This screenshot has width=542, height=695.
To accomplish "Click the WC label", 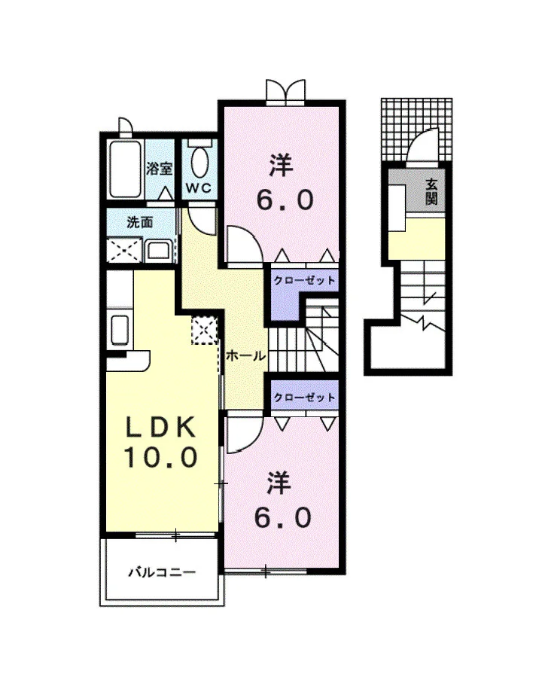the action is coord(198,187).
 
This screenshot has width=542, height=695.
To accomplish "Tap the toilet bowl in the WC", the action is coord(199,162).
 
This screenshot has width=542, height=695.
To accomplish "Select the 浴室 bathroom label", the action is coord(159,169).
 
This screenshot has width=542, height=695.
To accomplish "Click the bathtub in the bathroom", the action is coord(126,169).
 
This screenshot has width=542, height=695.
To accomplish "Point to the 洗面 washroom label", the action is coord(139,221).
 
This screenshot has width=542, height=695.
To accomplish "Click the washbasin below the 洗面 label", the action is coord(158,251).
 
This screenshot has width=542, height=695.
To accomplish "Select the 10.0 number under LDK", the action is coord(160,457).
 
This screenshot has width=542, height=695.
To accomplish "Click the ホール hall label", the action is coord(246,355).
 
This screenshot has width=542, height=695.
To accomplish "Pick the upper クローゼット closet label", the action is coord(304,281).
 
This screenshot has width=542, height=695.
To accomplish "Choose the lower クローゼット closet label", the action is coord(304,397).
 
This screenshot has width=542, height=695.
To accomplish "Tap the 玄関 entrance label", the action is coord(431,191).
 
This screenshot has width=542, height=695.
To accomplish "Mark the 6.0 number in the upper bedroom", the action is coord(286,200).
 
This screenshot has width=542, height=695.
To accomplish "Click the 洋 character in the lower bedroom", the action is coord(279,483).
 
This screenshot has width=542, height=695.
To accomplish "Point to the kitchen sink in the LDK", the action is coord(119,329).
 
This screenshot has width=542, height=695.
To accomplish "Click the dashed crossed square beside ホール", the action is coord(204,331).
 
